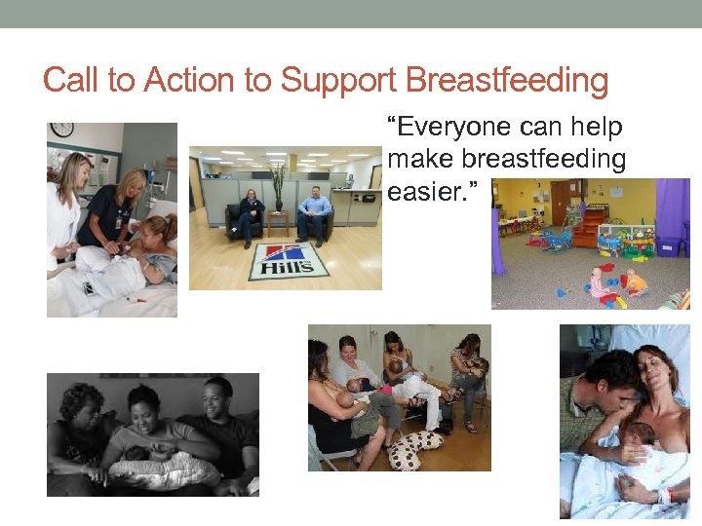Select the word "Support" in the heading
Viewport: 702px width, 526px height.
(337, 80)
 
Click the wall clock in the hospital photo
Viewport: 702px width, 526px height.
(61, 130)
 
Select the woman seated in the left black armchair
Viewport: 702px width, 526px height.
(250, 214)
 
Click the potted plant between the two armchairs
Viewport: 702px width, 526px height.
(279, 191)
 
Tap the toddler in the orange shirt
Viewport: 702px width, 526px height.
(635, 283)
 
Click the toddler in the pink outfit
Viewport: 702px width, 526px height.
(596, 284)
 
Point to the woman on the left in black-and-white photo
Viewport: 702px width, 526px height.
(80, 433)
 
